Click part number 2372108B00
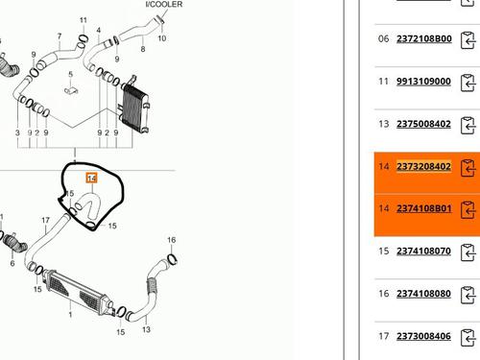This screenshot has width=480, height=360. pyautogui.click(x=424, y=38)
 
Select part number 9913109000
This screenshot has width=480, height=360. pyautogui.click(x=423, y=82)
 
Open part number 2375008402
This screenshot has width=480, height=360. pyautogui.click(x=423, y=124)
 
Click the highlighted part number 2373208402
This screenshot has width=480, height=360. pyautogui.click(x=423, y=166)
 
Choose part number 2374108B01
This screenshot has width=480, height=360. pyautogui.click(x=424, y=208)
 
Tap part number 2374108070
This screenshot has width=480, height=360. pyautogui.click(x=423, y=252)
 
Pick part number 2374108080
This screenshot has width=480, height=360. pyautogui.click(x=423, y=294)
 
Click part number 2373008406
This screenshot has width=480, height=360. pyautogui.click(x=423, y=336)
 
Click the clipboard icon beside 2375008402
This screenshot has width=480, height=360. pyautogui.click(x=468, y=126)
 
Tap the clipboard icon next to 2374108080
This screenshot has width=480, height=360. pyautogui.click(x=468, y=295)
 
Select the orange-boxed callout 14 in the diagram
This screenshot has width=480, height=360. pyautogui.click(x=91, y=179)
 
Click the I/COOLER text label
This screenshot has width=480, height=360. pyautogui.click(x=164, y=4)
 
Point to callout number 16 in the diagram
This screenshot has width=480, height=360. pyautogui.click(x=172, y=240)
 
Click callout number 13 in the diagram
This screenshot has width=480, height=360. pyautogui.click(x=146, y=329)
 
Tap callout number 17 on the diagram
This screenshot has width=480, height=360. pyautogui.click(x=45, y=220)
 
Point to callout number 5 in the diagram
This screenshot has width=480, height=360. pyautogui.click(x=71, y=74)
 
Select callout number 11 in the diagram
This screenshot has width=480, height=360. pyautogui.click(x=84, y=20)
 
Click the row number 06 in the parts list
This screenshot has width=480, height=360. pyautogui.click(x=383, y=38)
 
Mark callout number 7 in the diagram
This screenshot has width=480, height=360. pyautogui.click(x=60, y=36)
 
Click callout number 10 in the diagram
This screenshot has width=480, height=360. pyautogui.click(x=162, y=38)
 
